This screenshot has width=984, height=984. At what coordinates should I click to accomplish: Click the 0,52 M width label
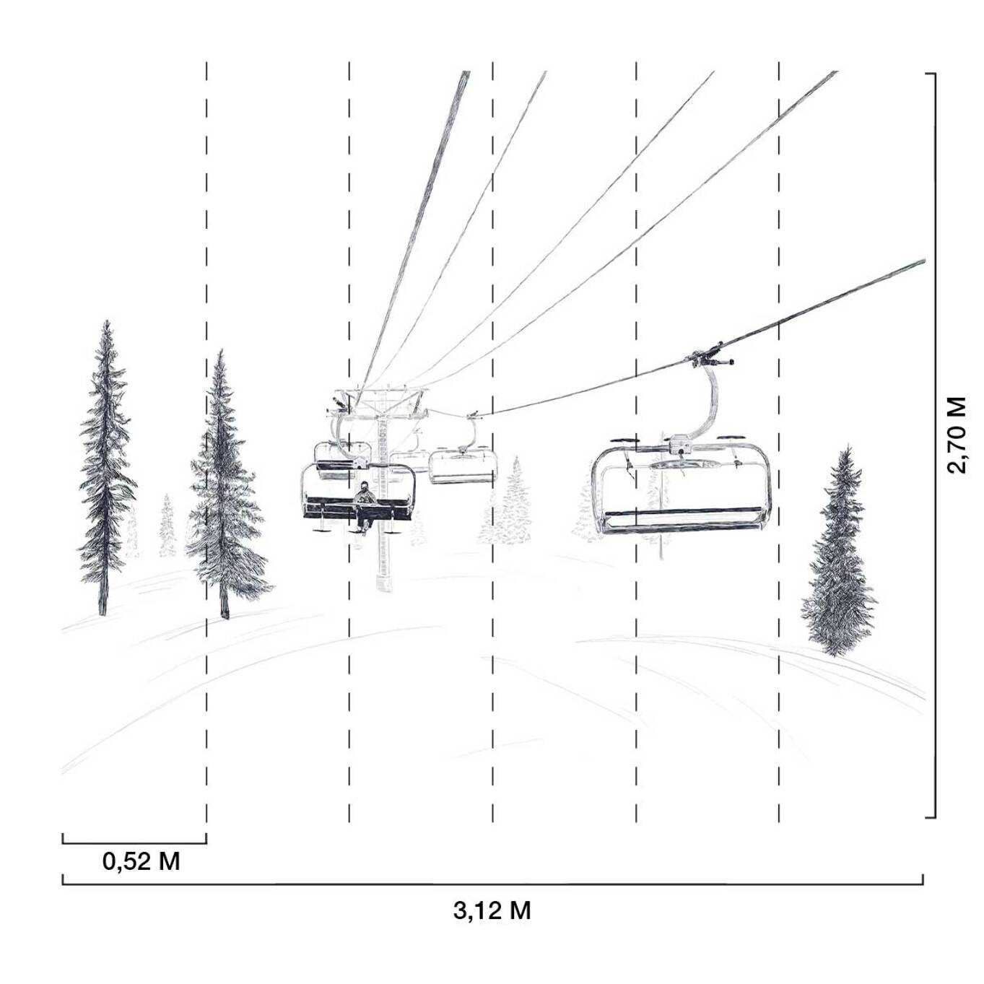(141, 863)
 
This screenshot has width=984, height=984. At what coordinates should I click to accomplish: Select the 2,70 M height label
(957, 435)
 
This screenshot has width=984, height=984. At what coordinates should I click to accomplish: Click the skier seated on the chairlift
(365, 507)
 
